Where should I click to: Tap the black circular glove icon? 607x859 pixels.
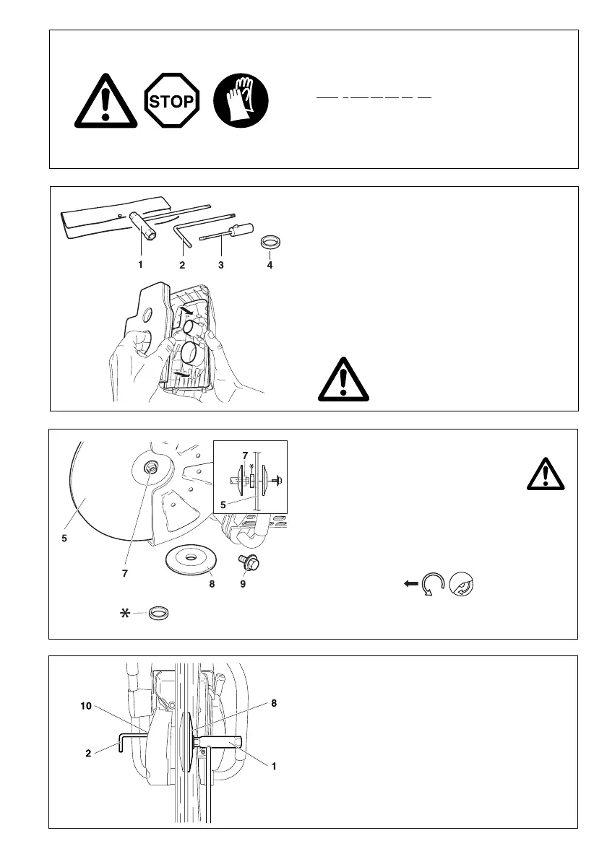[x=241, y=101]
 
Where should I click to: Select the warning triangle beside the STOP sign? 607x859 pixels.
[x=106, y=101]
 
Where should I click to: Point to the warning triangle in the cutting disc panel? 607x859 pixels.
[x=546, y=475]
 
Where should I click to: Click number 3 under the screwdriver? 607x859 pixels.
[x=220, y=265]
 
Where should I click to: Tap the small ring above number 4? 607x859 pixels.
[x=270, y=240]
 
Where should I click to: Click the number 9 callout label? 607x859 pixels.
[x=243, y=584]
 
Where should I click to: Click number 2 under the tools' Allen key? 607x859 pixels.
[x=182, y=265]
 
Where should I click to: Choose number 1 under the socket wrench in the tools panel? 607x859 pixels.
[x=140, y=265]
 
